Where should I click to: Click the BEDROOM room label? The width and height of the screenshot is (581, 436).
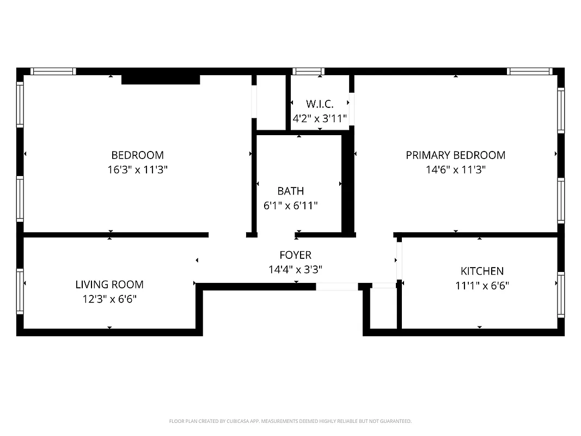[137, 155]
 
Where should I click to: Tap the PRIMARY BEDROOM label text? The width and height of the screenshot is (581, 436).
[455, 155]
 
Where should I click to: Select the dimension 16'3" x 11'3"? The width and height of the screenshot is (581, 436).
[137, 169]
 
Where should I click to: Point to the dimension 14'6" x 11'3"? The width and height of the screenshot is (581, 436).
[455, 169]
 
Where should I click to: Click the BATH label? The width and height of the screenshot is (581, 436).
[290, 191]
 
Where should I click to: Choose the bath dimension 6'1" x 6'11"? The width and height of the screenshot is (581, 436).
[290, 205]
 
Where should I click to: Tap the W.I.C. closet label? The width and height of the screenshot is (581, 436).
[319, 104]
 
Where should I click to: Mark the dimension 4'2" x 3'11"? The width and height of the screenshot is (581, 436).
[320, 118]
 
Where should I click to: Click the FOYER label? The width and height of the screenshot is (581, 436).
[295, 255]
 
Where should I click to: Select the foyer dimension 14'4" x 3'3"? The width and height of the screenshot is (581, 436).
[295, 269]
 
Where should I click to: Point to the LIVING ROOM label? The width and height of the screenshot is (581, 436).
[109, 284]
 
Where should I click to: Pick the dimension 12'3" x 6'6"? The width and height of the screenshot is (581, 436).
[109, 299]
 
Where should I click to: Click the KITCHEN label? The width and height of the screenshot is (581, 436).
[482, 271]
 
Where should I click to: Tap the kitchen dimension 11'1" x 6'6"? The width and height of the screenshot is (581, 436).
[482, 285]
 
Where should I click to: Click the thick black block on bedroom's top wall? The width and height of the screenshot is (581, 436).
[160, 80]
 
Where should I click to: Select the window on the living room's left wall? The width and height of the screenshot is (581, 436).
[20, 291]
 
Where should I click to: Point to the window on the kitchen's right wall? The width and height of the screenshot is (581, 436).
[560, 294]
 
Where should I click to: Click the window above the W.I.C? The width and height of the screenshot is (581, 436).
[308, 71]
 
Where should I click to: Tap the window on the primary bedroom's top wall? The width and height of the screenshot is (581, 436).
[529, 71]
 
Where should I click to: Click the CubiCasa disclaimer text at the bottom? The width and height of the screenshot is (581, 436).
[290, 421]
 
